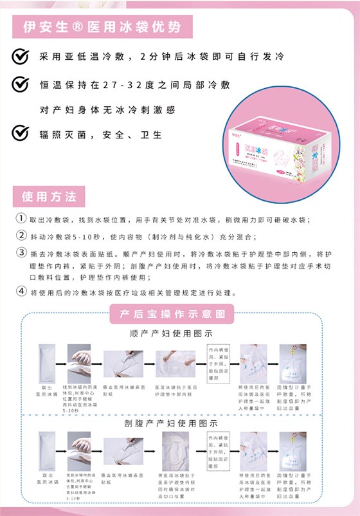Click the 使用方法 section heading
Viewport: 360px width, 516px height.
tap(49, 195)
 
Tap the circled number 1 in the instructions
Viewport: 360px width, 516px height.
tap(21, 219)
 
